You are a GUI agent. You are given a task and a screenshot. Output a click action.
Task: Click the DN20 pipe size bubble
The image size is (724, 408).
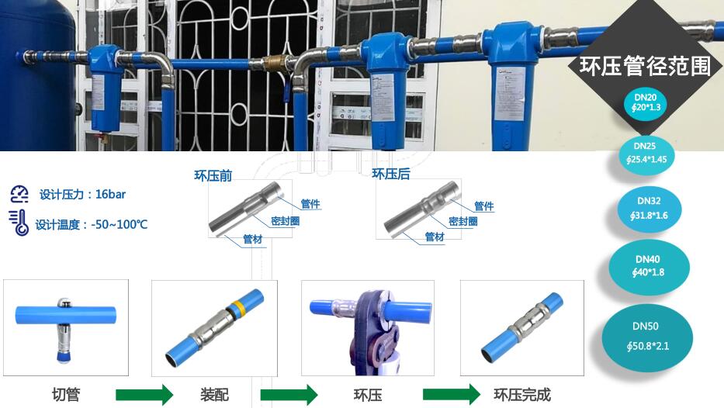[646, 102]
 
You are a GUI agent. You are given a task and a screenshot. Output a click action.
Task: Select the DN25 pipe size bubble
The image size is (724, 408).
[646, 154]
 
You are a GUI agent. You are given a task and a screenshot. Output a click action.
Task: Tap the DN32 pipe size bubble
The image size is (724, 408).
[650, 208]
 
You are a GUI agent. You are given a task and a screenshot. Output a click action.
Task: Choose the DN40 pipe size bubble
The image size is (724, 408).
[648, 267]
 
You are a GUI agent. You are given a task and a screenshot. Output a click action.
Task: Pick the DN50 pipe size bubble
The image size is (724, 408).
[647, 337]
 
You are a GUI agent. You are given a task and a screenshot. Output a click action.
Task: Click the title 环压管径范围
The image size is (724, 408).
[645, 66]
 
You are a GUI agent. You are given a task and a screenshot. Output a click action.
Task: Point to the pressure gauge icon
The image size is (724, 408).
[19, 195]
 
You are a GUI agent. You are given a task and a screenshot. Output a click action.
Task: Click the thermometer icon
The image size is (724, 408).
[19, 223]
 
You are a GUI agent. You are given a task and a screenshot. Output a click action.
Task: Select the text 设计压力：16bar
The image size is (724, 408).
[82, 195]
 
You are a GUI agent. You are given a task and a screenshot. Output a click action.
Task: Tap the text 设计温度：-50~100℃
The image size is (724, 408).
[92, 225]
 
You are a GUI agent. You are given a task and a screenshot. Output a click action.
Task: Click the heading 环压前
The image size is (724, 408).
[213, 176]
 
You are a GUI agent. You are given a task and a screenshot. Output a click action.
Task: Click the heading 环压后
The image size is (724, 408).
[390, 174]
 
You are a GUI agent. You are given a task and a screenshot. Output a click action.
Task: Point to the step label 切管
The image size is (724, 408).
[66, 395]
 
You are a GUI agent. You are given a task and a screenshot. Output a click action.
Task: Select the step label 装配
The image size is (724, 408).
[214, 395]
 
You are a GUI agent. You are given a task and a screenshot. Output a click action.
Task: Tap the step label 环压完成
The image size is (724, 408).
[522, 395]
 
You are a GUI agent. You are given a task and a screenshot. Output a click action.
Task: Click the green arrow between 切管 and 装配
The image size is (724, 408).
[144, 395]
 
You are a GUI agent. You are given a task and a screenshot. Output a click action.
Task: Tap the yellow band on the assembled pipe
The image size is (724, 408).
[238, 306]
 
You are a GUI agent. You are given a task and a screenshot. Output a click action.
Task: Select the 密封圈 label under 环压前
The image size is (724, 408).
[286, 221]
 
